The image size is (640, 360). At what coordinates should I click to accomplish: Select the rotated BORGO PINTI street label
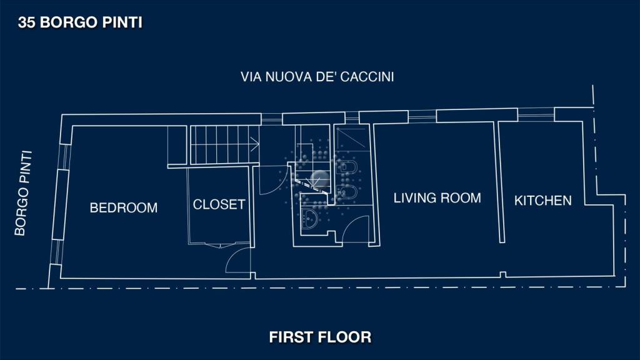23,194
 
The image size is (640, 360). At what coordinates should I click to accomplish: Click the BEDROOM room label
124,207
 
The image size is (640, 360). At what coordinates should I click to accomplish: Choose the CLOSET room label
219,204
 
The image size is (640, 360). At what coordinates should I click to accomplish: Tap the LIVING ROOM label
437,198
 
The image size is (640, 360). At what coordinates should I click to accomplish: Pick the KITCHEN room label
543,201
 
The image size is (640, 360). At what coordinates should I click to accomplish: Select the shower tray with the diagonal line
351,138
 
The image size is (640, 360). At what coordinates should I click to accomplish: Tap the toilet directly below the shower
347,167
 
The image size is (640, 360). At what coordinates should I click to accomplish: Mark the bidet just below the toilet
347,192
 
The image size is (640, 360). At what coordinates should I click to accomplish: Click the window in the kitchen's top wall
536,114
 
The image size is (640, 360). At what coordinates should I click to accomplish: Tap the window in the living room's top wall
422,116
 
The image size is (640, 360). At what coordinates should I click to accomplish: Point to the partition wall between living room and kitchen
499,182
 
